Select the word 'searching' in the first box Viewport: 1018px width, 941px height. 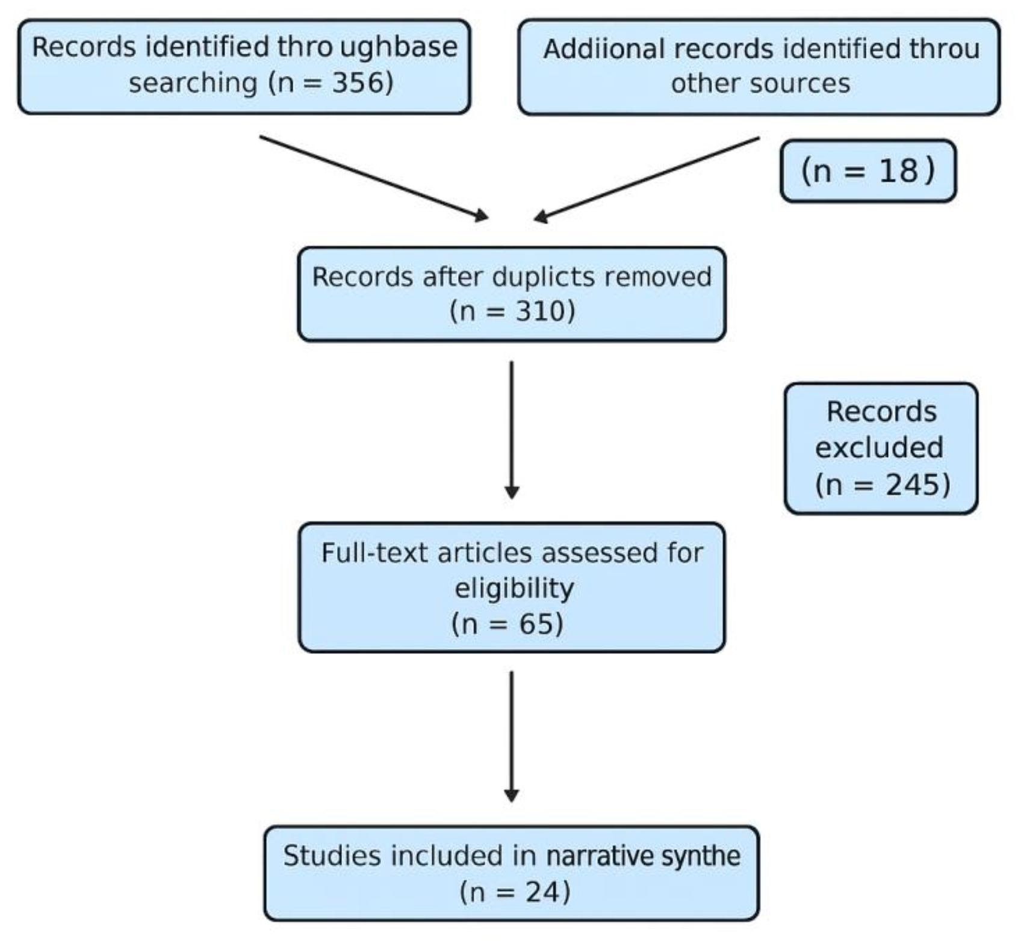pyautogui.click(x=193, y=82)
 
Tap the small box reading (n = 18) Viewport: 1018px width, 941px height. pyautogui.click(x=867, y=171)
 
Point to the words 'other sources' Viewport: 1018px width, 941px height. pyautogui.click(x=760, y=84)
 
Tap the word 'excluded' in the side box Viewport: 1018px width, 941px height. pyautogui.click(x=879, y=447)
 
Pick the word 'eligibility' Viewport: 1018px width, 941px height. pyautogui.click(x=514, y=588)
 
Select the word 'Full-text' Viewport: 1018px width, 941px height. pyautogui.click(x=374, y=553)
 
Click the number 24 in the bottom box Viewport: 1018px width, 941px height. pyautogui.click(x=542, y=892)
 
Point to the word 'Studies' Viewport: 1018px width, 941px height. pyautogui.click(x=332, y=856)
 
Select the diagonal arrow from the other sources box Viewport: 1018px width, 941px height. pyautogui.click(x=647, y=179)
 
